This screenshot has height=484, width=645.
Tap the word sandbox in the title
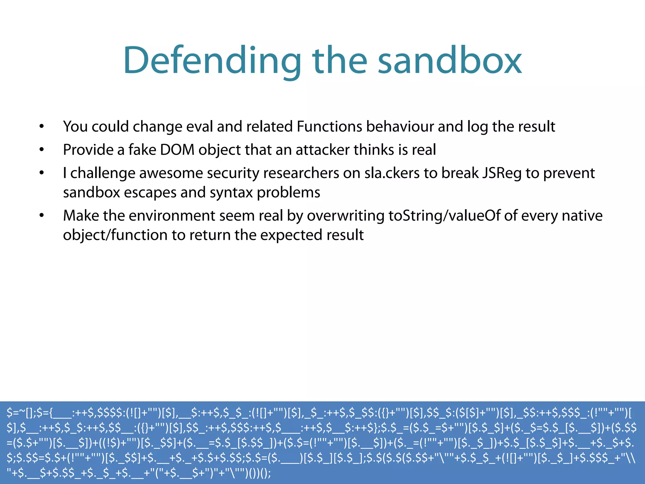[450, 60]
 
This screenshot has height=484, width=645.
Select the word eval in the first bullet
[200, 127]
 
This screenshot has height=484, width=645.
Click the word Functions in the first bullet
[329, 127]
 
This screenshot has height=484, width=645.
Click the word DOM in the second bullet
[177, 150]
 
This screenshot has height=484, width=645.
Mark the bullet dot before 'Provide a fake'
[42, 150]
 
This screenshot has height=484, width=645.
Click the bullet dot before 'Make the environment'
[42, 216]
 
